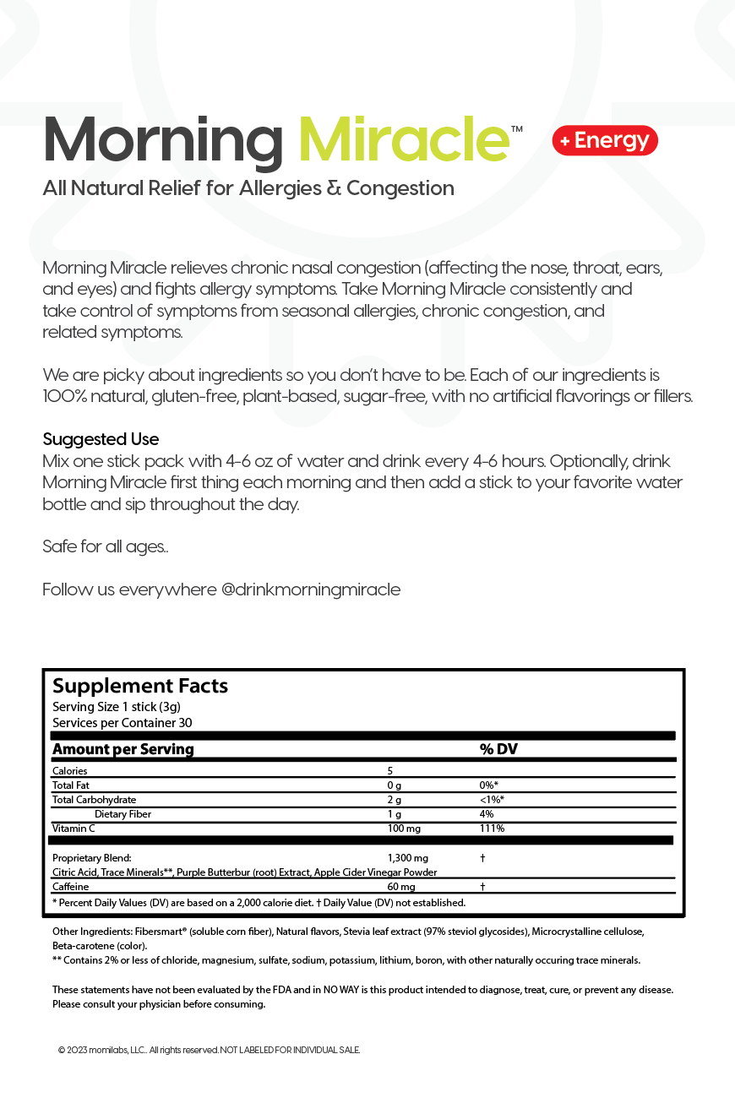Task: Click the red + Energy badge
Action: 605,140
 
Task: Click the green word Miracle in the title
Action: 404,140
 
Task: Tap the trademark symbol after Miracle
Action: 516,129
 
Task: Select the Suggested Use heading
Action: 101,439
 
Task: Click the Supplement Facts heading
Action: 140,686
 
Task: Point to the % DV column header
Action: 498,749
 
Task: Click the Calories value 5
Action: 390,770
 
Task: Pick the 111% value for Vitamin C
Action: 492,829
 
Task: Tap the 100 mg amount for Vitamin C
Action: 403,829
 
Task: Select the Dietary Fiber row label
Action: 123,814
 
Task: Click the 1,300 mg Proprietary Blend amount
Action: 408,858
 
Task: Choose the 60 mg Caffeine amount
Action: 401,887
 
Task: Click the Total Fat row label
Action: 71,785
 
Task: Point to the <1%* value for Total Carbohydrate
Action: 492,800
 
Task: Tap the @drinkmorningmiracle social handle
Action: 311,590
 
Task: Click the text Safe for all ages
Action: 105,546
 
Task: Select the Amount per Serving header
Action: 123,749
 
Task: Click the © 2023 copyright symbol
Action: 62,1050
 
